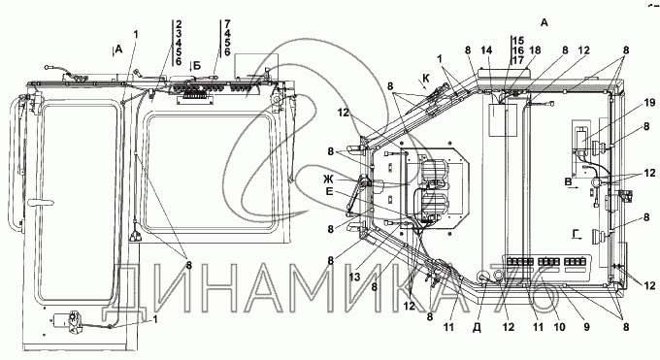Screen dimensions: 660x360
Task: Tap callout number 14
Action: (486, 50)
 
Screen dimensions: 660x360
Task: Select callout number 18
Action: (535, 50)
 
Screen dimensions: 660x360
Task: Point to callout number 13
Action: (354, 277)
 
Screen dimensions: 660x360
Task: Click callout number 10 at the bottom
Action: (560, 327)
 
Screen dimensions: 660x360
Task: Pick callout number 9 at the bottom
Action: (587, 327)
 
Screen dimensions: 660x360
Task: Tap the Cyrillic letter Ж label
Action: (328, 179)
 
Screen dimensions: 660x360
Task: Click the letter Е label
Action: (329, 192)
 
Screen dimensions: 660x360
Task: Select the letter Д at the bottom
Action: (477, 328)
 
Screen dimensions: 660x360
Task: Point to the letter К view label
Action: (426, 79)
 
